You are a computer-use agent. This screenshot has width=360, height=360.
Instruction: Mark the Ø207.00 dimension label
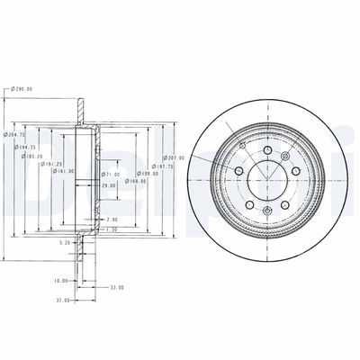tap(172, 157)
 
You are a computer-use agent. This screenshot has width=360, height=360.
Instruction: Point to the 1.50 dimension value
tap(111, 229)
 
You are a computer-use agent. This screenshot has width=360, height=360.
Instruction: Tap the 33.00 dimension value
tap(116, 287)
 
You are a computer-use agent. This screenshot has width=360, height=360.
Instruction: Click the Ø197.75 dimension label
tap(162, 166)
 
